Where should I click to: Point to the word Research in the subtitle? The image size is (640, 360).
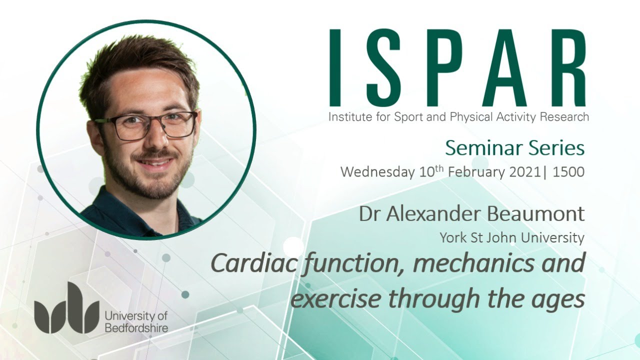point(564,117)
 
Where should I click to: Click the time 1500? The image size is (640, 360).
point(568,172)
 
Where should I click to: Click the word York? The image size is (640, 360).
point(452,238)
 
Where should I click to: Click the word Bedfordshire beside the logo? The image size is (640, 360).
point(136,328)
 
